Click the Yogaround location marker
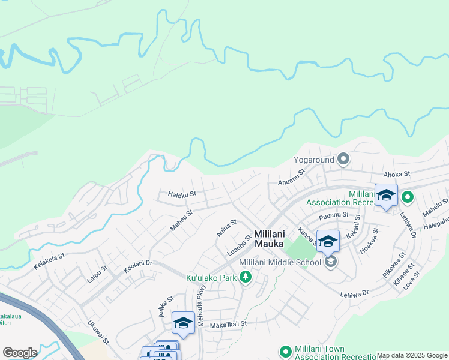343,159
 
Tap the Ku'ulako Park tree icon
245,277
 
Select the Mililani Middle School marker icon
330,262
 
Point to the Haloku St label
182,194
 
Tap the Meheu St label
181,221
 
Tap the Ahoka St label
396,174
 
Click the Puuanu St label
334,214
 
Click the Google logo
20,353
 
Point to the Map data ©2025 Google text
412,355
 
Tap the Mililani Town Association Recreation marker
286,352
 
